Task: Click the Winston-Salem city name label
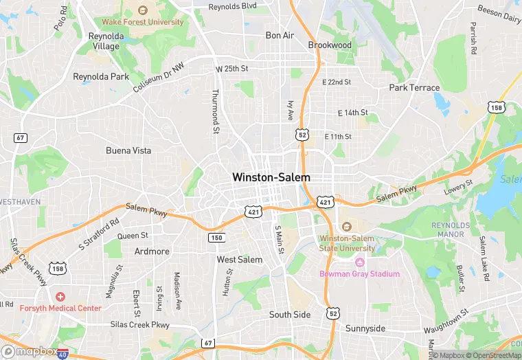[271, 177]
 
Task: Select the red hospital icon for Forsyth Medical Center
[60, 297]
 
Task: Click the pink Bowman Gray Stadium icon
[359, 262]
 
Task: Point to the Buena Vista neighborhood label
[128, 150]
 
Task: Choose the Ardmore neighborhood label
[152, 251]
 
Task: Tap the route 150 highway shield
[216, 237]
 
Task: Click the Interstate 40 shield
[63, 354]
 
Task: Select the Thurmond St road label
[216, 111]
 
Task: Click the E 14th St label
[353, 113]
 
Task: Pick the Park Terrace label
[414, 88]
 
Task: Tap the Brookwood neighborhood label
[330, 45]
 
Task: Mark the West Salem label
[240, 260]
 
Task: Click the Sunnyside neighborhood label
[365, 328]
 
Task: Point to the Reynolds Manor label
[451, 230]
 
